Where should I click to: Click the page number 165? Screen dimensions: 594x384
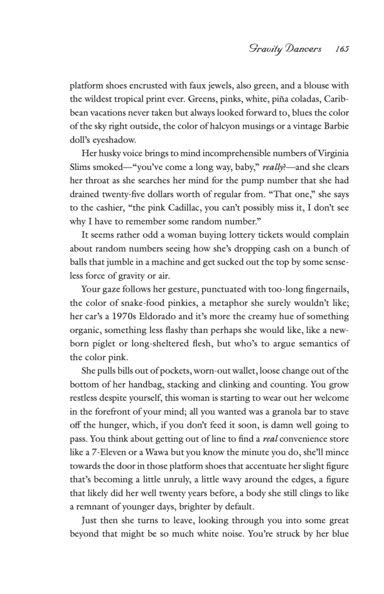click(x=341, y=49)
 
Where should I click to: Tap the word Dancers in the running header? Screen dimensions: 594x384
click(x=299, y=49)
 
